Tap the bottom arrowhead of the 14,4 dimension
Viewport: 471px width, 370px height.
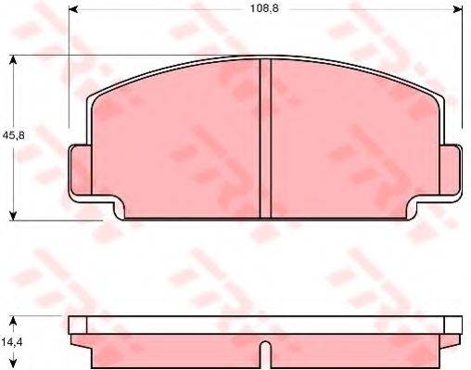pos(13,364)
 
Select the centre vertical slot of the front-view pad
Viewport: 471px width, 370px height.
pos(264,139)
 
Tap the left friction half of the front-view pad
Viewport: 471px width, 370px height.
pos(176,139)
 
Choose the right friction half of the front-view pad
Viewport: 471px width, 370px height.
pos(352,139)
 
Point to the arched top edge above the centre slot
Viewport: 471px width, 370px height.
pos(264,60)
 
